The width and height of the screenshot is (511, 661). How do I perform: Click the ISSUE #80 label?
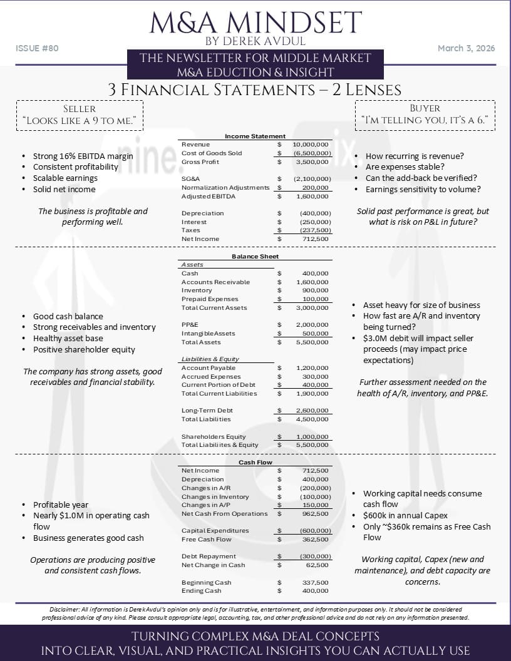pyautogui.click(x=37, y=48)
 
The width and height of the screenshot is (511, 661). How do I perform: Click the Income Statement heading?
pyautogui.click(x=255, y=136)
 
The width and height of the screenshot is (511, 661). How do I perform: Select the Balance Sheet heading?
pyautogui.click(x=255, y=256)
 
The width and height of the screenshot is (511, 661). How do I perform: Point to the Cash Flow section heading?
pyautogui.click(x=255, y=462)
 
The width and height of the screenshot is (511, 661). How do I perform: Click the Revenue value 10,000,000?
pyautogui.click(x=311, y=145)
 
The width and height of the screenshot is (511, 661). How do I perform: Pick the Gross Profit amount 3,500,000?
pyautogui.click(x=313, y=161)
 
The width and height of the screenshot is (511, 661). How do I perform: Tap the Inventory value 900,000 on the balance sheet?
pyautogui.click(x=315, y=290)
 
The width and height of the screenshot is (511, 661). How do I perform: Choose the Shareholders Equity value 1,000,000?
pyautogui.click(x=313, y=436)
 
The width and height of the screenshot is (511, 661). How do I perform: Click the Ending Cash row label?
pyautogui.click(x=202, y=590)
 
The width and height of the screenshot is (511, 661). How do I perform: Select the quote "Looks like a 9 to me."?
pyautogui.click(x=80, y=120)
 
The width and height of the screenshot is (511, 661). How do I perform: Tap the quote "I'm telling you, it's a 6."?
pyautogui.click(x=425, y=120)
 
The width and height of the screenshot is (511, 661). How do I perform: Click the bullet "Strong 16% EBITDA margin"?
pyautogui.click(x=83, y=156)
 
